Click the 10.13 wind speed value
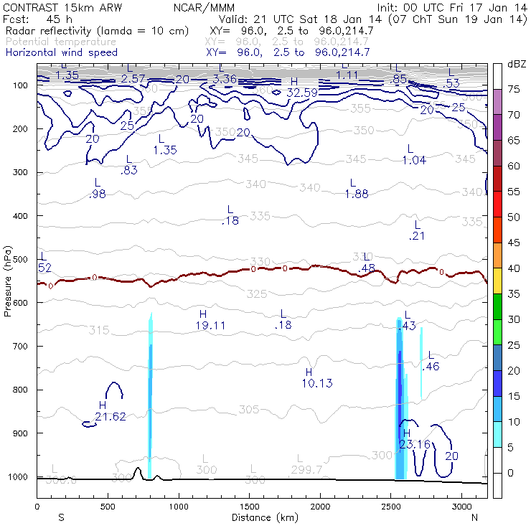316,383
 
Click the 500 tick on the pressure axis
22,259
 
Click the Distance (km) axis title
261,517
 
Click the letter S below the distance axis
60,517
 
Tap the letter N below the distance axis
474,517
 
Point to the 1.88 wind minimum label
357,194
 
